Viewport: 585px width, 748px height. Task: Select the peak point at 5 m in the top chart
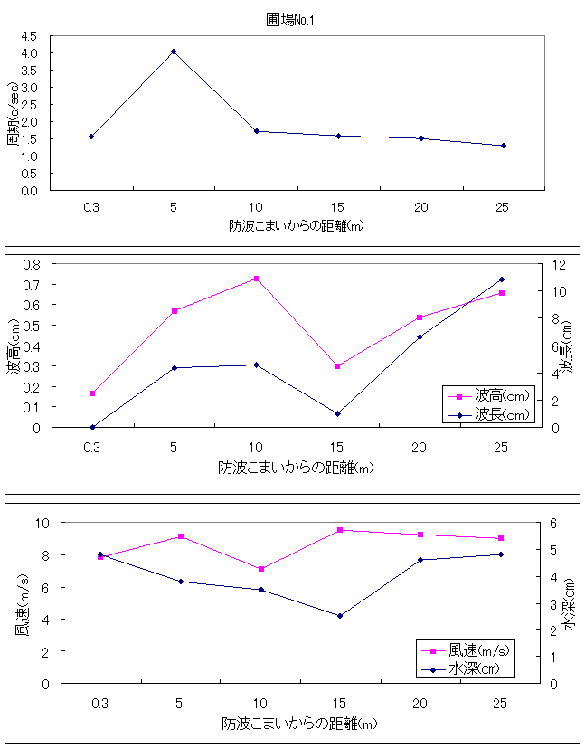point(174,52)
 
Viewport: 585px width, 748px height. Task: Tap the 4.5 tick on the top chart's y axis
point(30,36)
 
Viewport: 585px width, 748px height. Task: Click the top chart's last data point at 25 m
point(503,146)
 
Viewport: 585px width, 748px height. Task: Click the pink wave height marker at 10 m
point(256,279)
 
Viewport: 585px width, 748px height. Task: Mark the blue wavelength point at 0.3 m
point(92,427)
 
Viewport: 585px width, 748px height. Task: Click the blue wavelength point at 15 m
point(337,414)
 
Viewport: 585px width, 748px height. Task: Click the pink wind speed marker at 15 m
point(340,530)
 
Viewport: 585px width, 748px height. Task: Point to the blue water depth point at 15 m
point(340,616)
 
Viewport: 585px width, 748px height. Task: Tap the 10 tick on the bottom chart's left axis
point(42,523)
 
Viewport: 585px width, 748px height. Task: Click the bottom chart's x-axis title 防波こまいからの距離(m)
point(299,724)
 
